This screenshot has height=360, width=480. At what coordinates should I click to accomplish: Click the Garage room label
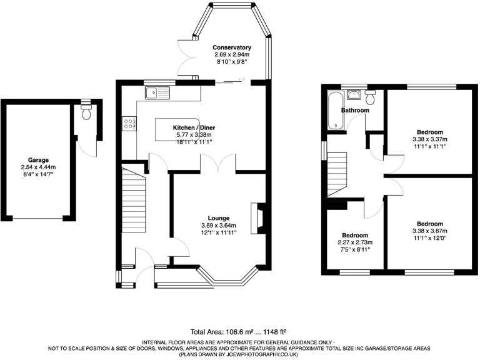[37, 160]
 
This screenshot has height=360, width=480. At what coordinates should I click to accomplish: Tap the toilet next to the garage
[86, 112]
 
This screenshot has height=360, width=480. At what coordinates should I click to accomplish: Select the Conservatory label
[231, 47]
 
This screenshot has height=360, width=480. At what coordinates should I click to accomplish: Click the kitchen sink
[154, 94]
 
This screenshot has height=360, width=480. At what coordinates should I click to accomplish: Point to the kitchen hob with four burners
[130, 124]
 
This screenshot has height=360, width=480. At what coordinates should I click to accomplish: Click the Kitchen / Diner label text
[194, 127]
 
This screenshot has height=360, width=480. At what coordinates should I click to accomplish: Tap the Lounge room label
[215, 218]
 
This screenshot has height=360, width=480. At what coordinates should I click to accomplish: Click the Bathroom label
[354, 111]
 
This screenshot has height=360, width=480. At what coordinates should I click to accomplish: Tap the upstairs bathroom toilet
[371, 97]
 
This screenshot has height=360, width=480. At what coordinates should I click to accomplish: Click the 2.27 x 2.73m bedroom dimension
[354, 242]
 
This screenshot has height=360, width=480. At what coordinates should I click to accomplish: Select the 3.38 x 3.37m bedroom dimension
[431, 139]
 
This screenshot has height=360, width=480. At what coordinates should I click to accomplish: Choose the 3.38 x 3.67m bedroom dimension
[431, 231]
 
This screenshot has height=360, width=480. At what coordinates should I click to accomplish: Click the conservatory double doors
[186, 59]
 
